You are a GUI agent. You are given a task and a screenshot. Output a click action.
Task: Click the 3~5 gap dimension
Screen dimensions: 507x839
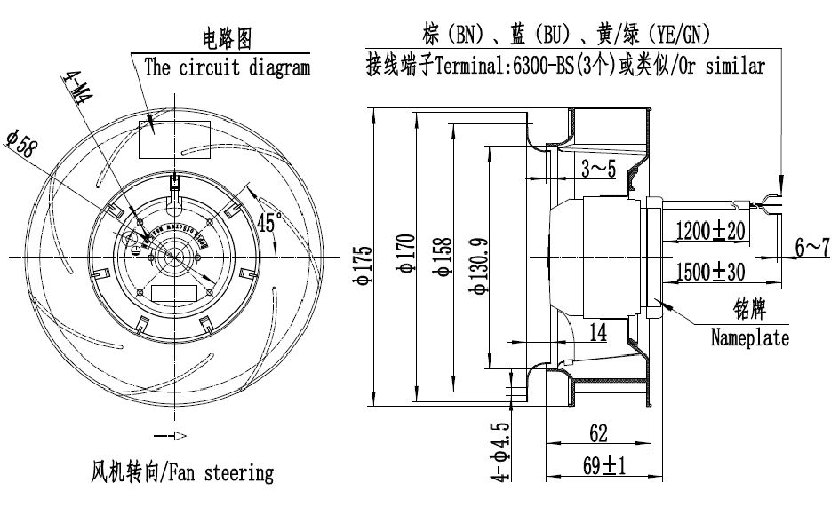pos(599,169)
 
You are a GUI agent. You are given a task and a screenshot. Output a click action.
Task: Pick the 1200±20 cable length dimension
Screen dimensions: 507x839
pos(710,231)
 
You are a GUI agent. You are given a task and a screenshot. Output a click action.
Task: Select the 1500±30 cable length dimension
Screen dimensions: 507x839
pos(710,270)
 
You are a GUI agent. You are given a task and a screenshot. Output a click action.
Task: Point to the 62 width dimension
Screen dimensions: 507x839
pos(597,433)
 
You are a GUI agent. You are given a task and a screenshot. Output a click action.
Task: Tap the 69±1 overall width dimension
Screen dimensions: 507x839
pos(604,464)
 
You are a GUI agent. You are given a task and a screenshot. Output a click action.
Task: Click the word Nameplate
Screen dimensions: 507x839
pos(749,338)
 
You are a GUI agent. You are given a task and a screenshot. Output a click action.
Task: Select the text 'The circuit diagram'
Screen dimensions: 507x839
pos(227,67)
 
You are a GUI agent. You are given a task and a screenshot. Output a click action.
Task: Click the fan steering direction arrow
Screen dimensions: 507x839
pos(171,436)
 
